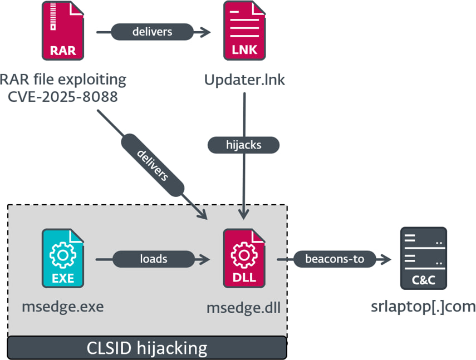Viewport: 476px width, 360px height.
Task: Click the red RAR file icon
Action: pos(63,31)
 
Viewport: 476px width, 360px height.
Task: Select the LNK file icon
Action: pos(244,31)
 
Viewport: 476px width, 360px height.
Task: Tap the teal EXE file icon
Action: pos(63,258)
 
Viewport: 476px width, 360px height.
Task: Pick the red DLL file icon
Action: pos(244,258)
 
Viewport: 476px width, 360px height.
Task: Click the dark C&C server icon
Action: pos(424,258)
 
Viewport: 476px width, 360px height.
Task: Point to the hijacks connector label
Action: pos(243,145)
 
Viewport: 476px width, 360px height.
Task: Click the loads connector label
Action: pos(154,259)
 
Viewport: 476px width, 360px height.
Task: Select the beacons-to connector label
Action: pos(335,259)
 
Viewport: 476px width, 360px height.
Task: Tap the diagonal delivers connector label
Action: pos(153,165)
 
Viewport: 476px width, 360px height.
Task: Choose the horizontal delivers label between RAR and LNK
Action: pos(153,32)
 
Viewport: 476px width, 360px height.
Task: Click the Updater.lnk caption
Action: pos(244,80)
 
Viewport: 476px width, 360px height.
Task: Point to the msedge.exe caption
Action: pos(63,307)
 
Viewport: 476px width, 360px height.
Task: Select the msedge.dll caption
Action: pos(243,308)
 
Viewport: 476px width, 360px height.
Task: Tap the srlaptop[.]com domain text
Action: pos(423,307)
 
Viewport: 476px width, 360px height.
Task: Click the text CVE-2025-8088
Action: pos(62,97)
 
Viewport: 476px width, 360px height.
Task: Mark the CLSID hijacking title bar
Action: pos(147,348)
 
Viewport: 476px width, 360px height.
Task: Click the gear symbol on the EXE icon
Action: pos(63,255)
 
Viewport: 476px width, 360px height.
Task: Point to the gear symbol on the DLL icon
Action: pos(244,255)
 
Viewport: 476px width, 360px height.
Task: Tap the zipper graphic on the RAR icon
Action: pos(53,16)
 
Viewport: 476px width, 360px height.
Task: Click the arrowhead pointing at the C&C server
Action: pos(386,259)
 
